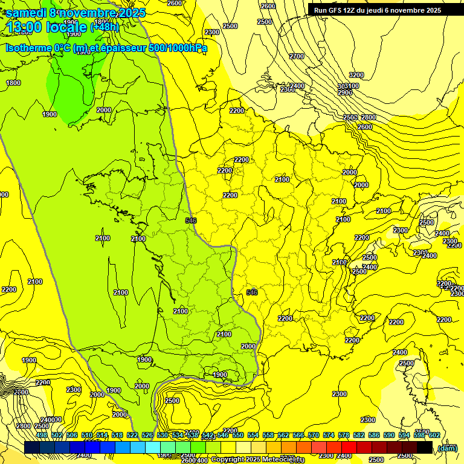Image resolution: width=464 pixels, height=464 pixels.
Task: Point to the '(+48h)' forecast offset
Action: [x=105, y=27]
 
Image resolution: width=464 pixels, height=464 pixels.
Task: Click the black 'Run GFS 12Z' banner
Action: [x=377, y=10]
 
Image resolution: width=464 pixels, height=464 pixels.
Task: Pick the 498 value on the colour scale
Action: [x=42, y=435]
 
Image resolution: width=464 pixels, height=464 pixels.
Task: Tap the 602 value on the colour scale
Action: [x=434, y=435]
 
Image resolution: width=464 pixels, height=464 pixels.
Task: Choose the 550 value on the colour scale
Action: [x=237, y=435]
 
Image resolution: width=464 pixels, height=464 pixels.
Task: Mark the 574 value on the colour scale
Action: [x=329, y=435]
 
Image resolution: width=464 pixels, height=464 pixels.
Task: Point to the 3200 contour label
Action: [x=356, y=75]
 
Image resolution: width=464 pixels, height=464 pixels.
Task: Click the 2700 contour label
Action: [x=297, y=56]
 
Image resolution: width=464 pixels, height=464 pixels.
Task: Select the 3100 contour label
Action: [x=352, y=86]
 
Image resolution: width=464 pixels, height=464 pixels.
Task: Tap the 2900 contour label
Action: [x=345, y=92]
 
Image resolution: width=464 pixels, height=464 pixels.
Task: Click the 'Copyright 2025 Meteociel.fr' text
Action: [x=257, y=460]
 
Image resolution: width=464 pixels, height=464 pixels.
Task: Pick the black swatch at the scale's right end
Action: [x=425, y=448]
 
